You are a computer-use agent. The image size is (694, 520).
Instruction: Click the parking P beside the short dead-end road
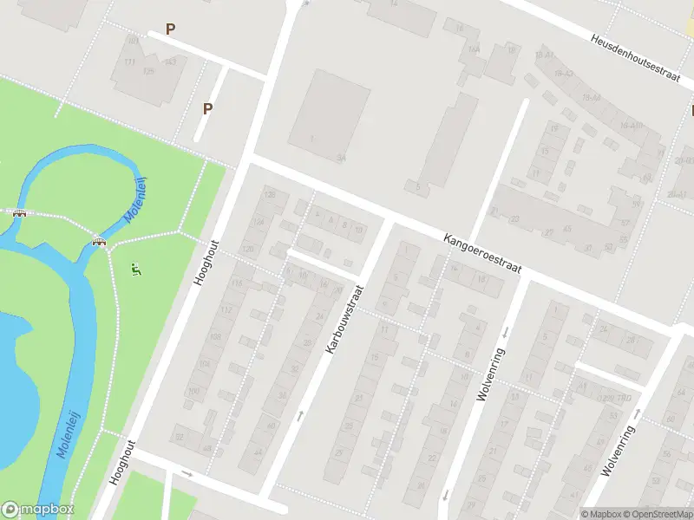(x=207, y=108)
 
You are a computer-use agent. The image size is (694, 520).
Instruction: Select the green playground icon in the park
(x=135, y=270)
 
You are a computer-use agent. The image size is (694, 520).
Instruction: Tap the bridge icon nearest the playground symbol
(x=100, y=241)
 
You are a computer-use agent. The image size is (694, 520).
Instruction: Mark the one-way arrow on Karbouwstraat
(x=299, y=416)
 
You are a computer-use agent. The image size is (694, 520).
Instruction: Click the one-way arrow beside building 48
(x=188, y=473)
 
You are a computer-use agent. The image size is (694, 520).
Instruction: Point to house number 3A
(x=342, y=158)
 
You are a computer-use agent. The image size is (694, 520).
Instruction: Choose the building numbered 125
(x=148, y=71)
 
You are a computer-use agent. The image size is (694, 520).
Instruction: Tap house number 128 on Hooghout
(x=271, y=196)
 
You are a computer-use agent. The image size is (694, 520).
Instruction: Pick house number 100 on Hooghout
(x=193, y=391)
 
